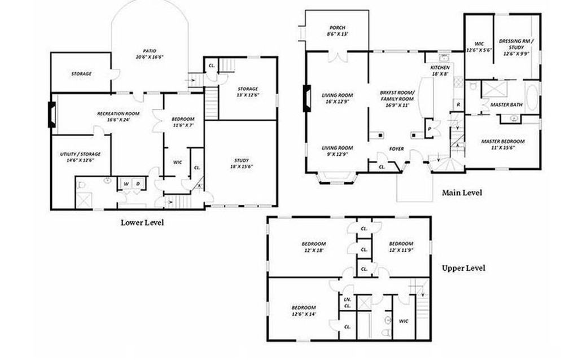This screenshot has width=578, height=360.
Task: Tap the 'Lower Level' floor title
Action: [142, 222]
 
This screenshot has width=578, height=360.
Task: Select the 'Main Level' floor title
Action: [462, 192]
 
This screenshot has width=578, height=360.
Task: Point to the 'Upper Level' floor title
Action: [463, 268]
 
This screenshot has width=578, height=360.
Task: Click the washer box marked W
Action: [126, 183]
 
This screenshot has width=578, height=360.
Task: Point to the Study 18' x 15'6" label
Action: [241, 164]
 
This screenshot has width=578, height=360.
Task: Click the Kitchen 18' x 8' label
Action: [440, 71]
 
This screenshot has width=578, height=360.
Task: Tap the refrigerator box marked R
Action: [458, 105]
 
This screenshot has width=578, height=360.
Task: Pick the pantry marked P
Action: [430, 128]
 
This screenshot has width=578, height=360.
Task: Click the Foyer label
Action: [397, 149]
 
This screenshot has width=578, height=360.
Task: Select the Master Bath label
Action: [506, 105]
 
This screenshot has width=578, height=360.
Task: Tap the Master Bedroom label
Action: [503, 144]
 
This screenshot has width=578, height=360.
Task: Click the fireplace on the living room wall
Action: [307, 99]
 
